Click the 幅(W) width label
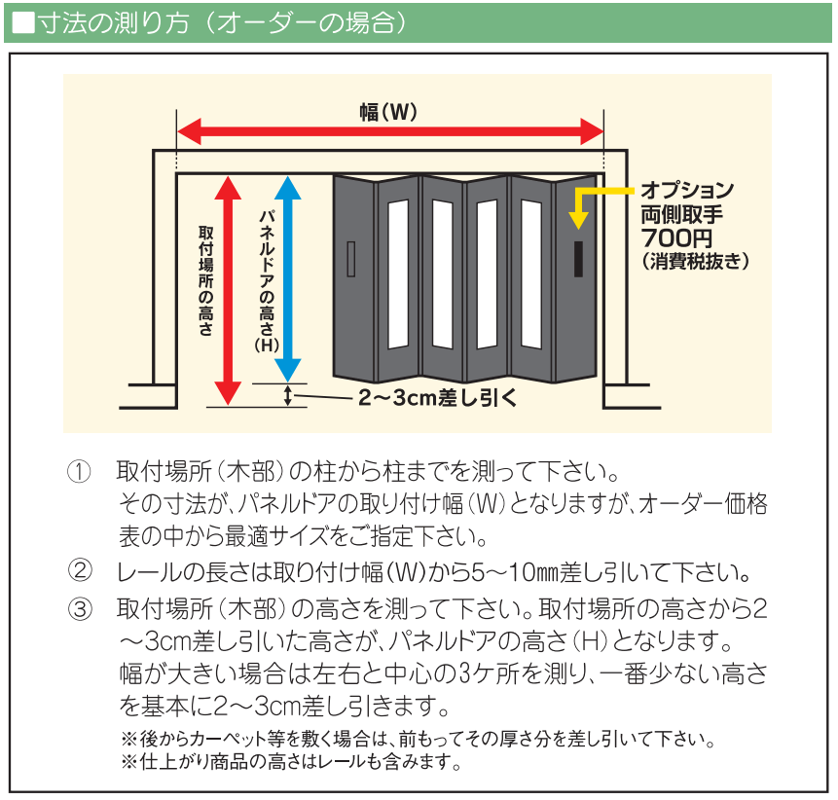388,113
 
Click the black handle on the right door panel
578,257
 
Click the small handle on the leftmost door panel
351,258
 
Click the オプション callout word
686,190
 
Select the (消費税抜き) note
694,261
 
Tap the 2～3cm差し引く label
435,397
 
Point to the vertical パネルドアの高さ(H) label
265,282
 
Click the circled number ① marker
79,474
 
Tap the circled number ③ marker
79,609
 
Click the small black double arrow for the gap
288,395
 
